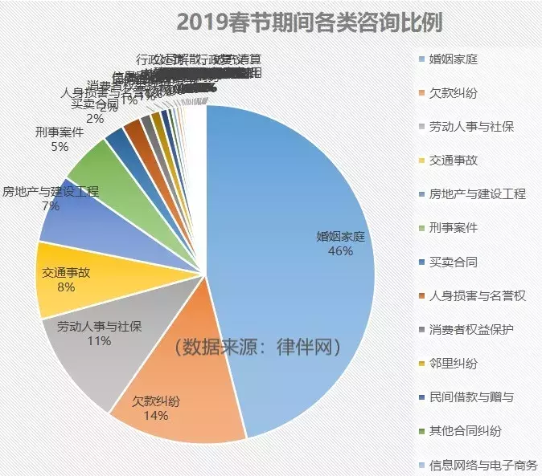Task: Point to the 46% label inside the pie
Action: [340, 251]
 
